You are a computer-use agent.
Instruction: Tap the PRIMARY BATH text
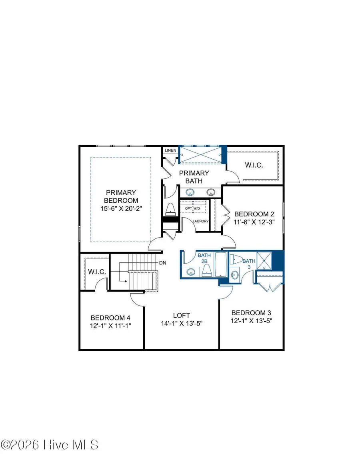click(194, 177)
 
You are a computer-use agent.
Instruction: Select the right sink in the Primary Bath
click(210, 192)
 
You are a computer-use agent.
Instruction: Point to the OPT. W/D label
click(192, 209)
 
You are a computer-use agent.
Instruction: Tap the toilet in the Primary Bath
click(170, 208)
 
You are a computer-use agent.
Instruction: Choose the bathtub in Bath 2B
click(220, 264)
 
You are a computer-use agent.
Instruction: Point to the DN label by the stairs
click(163, 263)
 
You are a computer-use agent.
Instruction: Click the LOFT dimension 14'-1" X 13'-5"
click(182, 323)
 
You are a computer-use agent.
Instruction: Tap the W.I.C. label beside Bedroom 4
click(96, 272)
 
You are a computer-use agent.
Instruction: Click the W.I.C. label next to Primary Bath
click(254, 165)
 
